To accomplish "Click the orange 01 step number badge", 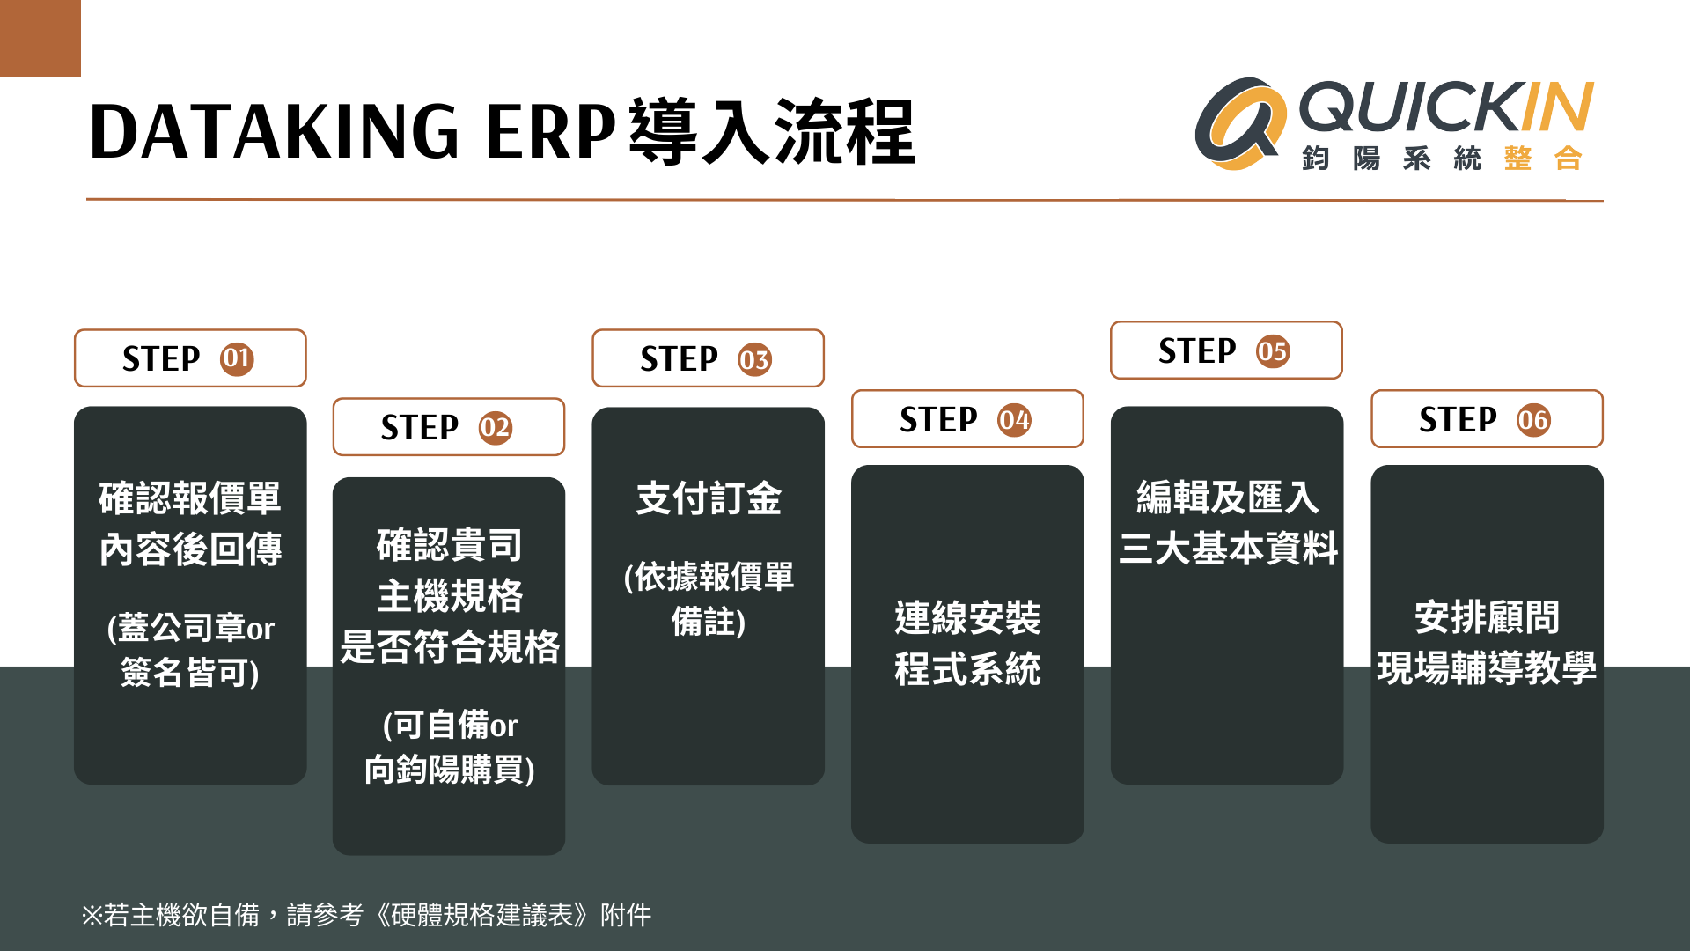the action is [x=237, y=359].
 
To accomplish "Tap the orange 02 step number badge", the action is [x=496, y=428].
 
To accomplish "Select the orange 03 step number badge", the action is [x=754, y=359].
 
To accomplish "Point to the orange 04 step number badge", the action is [x=1014, y=420].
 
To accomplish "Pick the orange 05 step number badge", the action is [x=1273, y=351].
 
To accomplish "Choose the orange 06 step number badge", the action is [x=1533, y=420].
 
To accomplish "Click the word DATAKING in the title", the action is [x=275, y=131].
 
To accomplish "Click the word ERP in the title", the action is [x=550, y=131].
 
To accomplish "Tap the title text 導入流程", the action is [x=772, y=132].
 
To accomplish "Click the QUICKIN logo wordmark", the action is [x=1446, y=107].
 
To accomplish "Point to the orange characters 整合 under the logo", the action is [x=1543, y=158].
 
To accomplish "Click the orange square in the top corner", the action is [x=40, y=38].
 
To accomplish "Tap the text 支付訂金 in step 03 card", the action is [x=709, y=498].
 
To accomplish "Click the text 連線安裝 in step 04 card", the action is [x=967, y=618].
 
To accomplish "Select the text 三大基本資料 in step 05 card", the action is [x=1228, y=549].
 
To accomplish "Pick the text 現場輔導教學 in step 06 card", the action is [x=1487, y=668].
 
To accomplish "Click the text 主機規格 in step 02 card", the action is [x=450, y=596].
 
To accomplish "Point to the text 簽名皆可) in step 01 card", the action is [x=190, y=673].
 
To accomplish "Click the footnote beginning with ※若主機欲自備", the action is [x=366, y=915].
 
